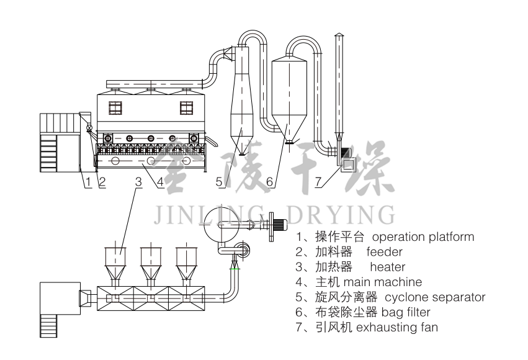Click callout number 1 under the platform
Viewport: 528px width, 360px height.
coord(88,182)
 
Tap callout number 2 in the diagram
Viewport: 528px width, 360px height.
coord(102,182)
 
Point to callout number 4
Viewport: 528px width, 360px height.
coord(160,182)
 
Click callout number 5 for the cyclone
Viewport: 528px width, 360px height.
coord(219,182)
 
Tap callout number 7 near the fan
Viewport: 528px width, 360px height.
coord(318,182)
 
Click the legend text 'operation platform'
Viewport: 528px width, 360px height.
coord(423,237)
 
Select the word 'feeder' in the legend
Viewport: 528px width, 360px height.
coord(384,252)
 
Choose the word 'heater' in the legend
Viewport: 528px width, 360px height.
coord(387,267)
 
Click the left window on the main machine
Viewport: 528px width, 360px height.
coord(115,107)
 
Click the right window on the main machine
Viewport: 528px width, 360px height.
coord(187,107)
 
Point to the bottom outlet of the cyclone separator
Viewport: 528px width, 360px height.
coord(241,153)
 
